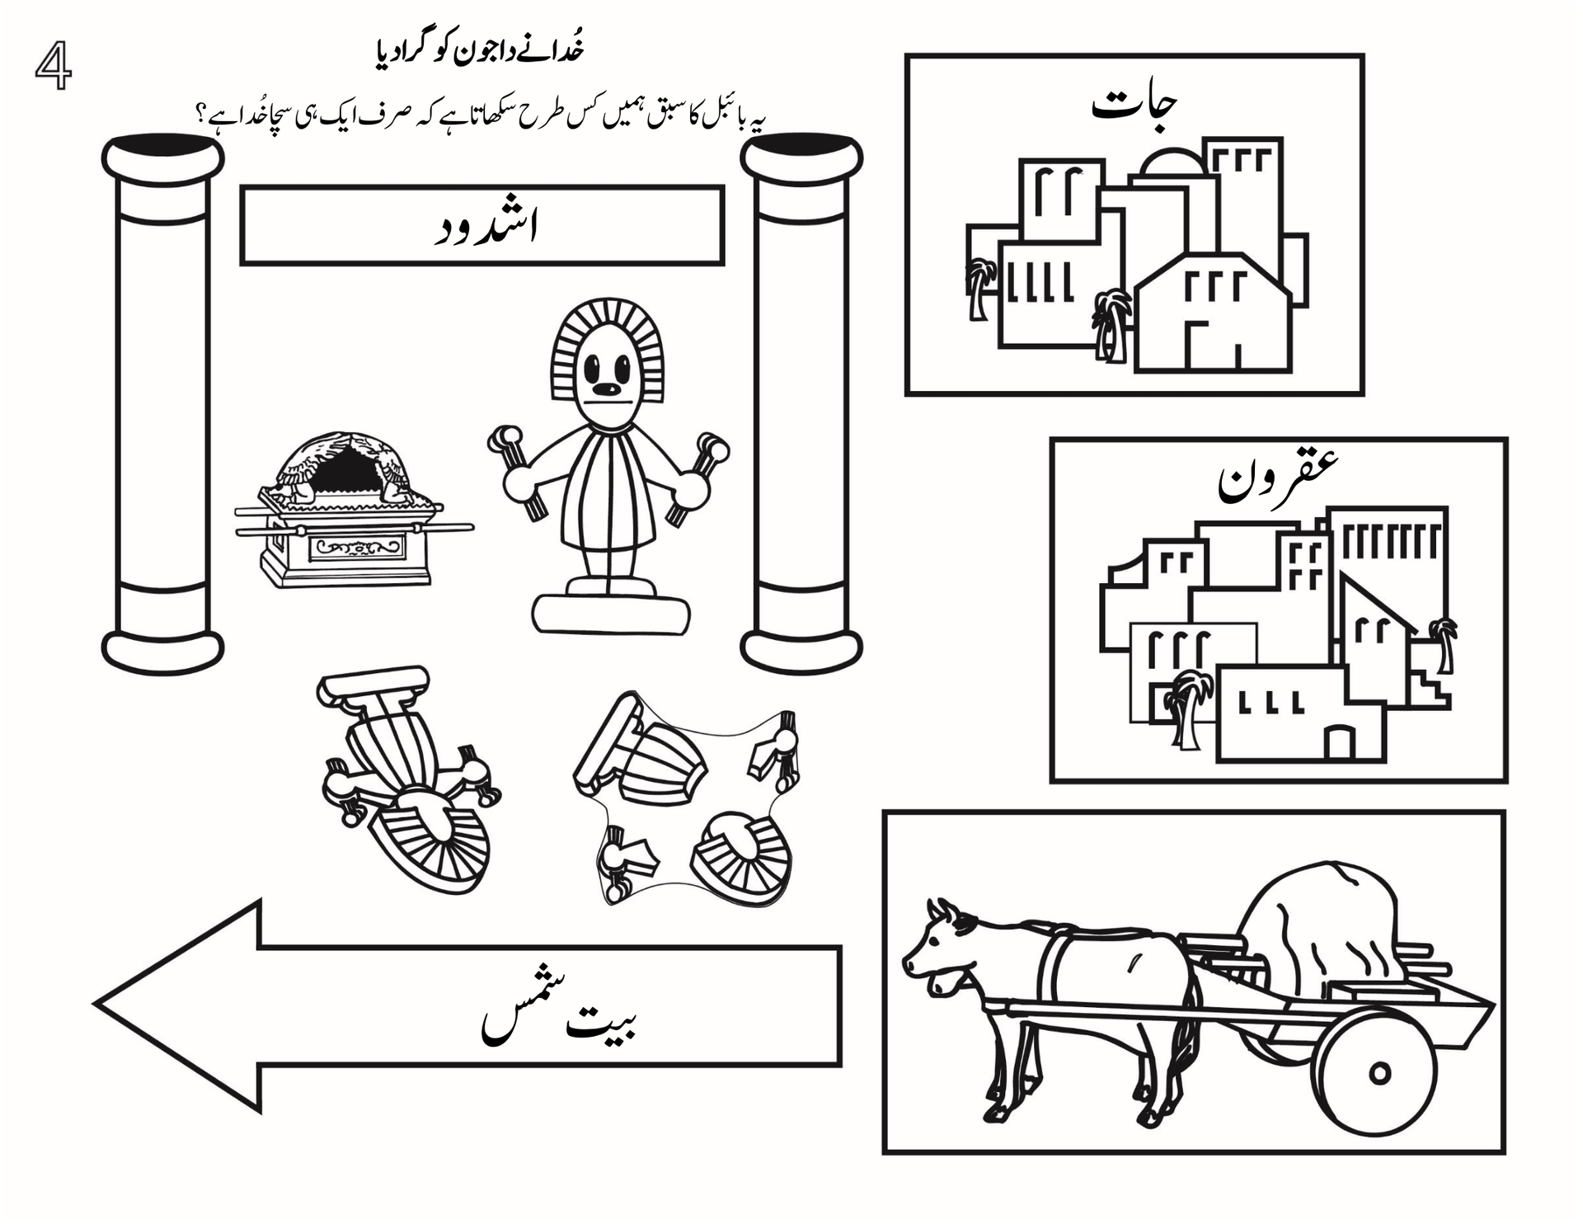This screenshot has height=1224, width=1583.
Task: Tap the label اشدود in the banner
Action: pyautogui.click(x=486, y=228)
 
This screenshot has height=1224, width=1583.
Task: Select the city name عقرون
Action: pyautogui.click(x=1278, y=479)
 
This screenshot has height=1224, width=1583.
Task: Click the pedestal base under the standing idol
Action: pyautogui.click(x=611, y=610)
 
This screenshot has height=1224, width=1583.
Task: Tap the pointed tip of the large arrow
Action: pyautogui.click(x=96, y=1005)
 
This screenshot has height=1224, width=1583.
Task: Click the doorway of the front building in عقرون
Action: pyautogui.click(x=1339, y=741)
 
